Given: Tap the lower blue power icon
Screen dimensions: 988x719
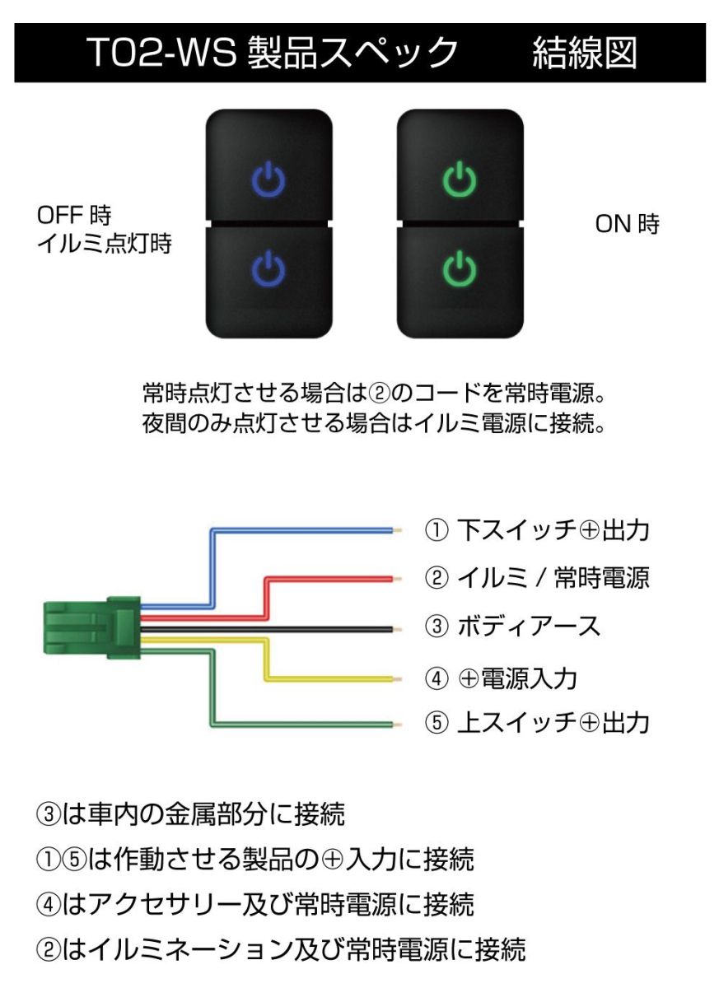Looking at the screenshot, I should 268,267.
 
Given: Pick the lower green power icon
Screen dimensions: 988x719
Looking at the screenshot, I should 460,267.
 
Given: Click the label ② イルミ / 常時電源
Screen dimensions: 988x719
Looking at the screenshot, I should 537,578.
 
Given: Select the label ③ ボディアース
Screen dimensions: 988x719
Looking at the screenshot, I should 512,627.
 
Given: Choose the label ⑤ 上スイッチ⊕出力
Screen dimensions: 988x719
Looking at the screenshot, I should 537,723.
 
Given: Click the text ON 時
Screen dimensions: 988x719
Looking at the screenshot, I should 628,225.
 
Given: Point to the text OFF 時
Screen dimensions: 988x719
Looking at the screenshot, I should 75,217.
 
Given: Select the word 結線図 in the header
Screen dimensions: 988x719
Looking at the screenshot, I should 585,54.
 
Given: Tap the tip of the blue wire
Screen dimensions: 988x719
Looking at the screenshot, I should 397,531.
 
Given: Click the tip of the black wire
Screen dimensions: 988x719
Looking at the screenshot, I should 397,631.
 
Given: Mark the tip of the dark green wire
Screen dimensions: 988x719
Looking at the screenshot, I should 397,725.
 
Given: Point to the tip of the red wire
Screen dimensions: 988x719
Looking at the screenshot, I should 397,580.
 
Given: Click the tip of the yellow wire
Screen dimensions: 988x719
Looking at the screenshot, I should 397,679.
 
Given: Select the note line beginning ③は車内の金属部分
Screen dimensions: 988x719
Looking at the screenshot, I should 190,815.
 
